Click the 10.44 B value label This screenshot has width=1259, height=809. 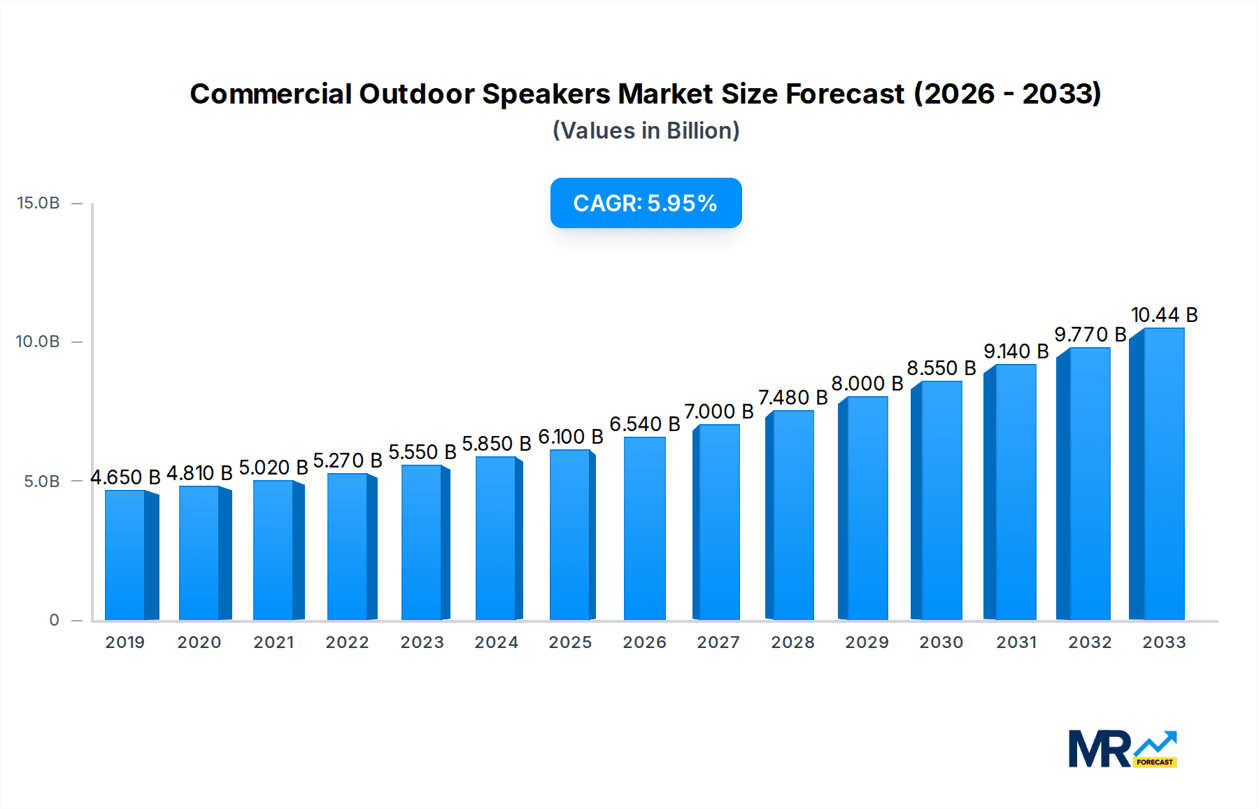point(1164,315)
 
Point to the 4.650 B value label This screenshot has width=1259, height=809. point(125,477)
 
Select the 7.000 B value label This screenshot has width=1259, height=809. point(718,411)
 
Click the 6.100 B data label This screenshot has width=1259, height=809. point(570,437)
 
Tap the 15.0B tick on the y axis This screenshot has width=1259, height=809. point(38,203)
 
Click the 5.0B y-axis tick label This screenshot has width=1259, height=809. point(42,481)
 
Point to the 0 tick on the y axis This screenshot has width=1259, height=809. point(54,620)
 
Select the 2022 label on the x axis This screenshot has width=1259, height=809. point(347,642)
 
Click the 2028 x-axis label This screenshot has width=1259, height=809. point(792,642)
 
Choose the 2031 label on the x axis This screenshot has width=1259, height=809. point(1016,642)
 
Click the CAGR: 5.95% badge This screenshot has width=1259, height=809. point(646,203)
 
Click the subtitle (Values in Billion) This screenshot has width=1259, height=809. point(646,131)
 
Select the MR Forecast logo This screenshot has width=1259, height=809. point(1122,749)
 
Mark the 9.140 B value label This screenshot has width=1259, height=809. point(1016,351)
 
